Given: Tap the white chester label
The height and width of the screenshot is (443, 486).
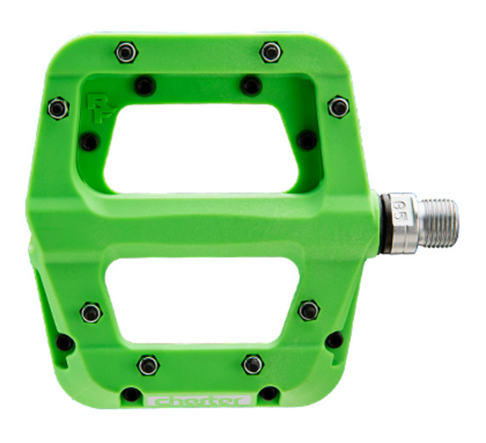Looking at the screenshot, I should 200,400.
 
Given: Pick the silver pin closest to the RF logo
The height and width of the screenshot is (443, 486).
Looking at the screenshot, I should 58,108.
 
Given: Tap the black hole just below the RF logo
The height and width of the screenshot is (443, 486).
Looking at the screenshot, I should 88,142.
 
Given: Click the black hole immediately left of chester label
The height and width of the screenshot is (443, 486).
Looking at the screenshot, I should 131,395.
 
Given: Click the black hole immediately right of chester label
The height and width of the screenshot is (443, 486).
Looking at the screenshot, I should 268,394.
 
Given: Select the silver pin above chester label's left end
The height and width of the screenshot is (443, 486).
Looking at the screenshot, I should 148,365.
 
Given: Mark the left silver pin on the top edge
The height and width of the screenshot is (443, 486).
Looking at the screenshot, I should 126,53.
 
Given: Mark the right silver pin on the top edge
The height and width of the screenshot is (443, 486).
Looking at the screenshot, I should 270,52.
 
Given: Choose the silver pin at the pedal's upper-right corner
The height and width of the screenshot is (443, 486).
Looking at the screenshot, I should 338,106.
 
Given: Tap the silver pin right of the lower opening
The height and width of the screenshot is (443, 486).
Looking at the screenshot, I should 309,310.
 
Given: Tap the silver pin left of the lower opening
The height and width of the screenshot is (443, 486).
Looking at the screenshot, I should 91,313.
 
